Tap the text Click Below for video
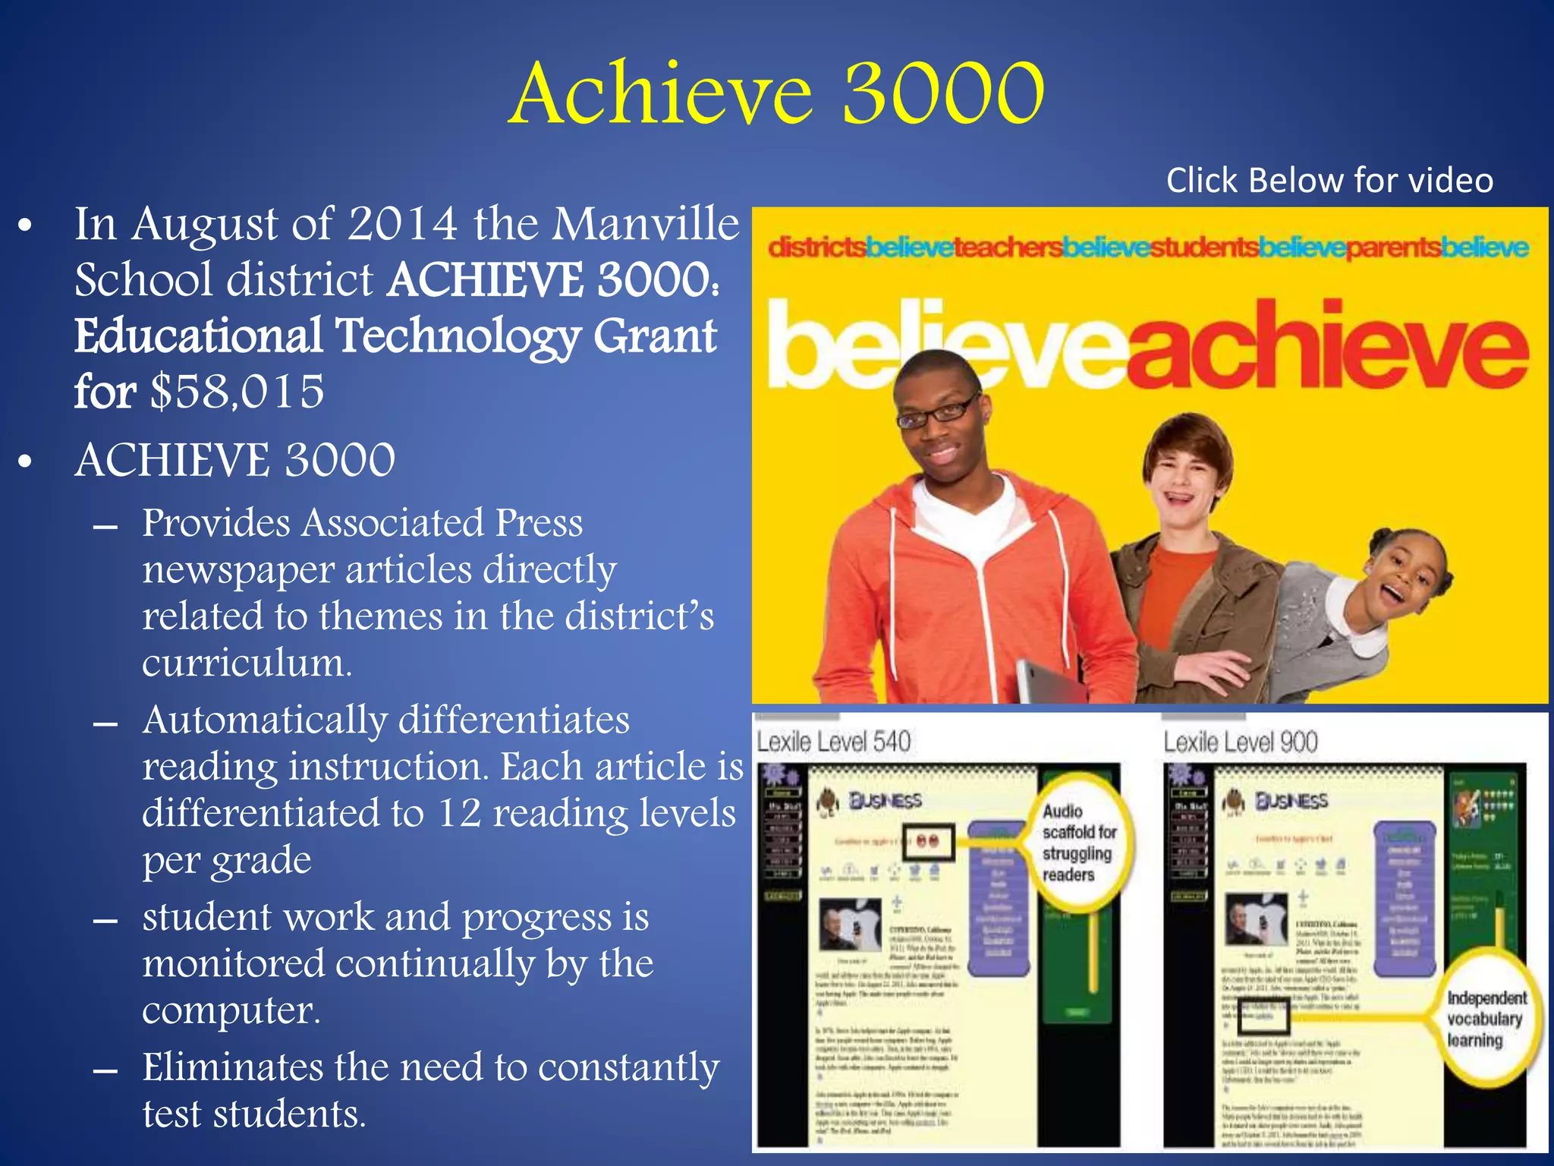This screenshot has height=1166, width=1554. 1329,181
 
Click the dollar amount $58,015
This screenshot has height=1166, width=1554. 237,392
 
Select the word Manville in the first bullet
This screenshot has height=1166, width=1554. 645,225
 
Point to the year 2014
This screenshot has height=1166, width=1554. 402,225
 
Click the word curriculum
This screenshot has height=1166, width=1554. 247,663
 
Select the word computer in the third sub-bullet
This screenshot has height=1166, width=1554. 231,1010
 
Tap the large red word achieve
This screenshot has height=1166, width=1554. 1328,345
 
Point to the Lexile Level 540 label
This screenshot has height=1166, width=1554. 833,742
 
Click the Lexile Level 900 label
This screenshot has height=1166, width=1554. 1241,742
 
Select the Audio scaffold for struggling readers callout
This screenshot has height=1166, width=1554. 1079,843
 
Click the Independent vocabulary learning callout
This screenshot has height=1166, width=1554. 1485,1019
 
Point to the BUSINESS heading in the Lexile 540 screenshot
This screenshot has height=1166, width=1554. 885,800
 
